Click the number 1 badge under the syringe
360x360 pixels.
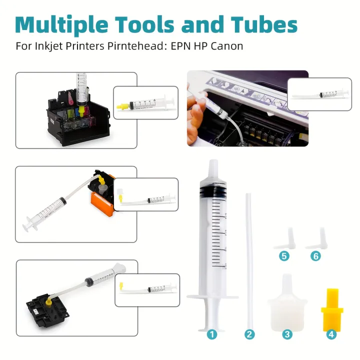pyautogui.click(x=211, y=334)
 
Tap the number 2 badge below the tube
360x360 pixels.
pyautogui.click(x=249, y=334)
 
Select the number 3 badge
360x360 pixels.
pyautogui.click(x=287, y=334)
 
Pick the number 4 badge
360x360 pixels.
pyautogui.click(x=331, y=334)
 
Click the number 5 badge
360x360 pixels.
pyautogui.click(x=284, y=256)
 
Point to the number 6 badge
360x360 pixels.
pyautogui.click(x=315, y=256)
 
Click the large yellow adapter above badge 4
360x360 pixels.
pyautogui.click(x=332, y=310)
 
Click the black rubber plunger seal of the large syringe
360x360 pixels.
pyautogui.click(x=213, y=190)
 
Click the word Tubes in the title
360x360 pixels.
pyautogui.click(x=264, y=25)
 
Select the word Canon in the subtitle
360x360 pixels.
pyautogui.click(x=227, y=46)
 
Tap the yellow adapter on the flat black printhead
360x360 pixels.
pyautogui.click(x=48, y=302)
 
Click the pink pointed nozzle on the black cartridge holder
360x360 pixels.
pyautogui.click(x=71, y=97)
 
